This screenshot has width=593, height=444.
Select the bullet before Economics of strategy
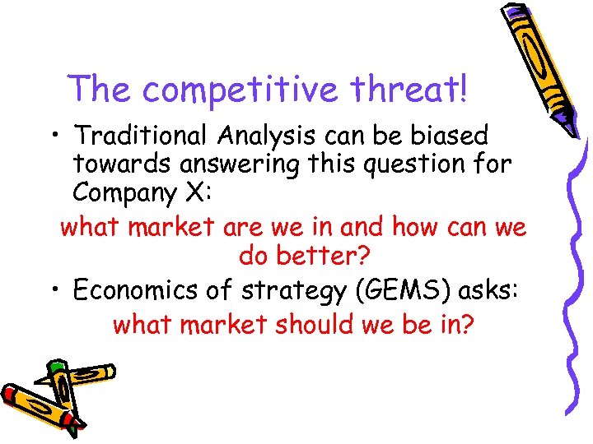click(51, 290)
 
